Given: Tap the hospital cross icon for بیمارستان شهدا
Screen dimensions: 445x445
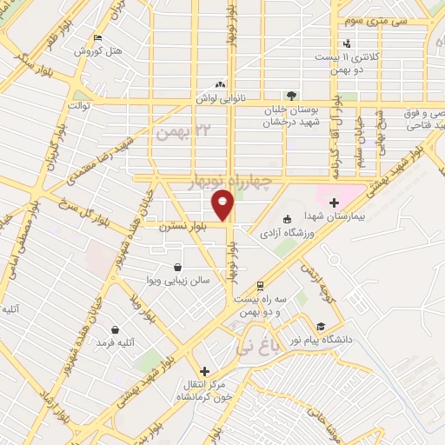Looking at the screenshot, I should [x=333, y=202].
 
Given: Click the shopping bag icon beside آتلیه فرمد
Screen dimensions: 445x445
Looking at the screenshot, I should [x=116, y=330].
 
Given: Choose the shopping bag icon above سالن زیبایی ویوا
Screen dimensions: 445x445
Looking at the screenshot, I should [x=178, y=268].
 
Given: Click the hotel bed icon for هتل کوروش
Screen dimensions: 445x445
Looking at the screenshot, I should [x=96, y=38].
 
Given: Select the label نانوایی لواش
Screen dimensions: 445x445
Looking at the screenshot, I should [x=211, y=99].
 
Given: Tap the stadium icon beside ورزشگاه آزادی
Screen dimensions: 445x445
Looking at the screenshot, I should [x=289, y=219].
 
